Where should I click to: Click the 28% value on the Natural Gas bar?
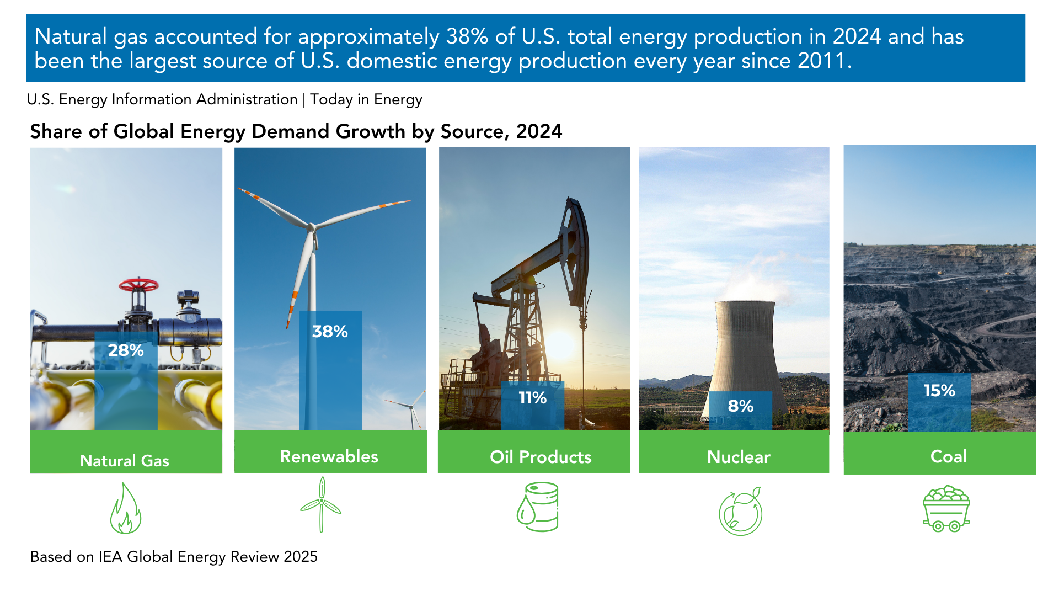tap(126, 350)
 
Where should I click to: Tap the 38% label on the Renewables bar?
tap(330, 331)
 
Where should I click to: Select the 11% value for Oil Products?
tap(532, 397)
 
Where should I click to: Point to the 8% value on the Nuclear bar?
tap(740, 406)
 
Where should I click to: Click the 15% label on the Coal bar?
tap(939, 390)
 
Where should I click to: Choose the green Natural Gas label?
tap(125, 461)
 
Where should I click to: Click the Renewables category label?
tap(329, 456)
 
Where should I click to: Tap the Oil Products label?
tap(541, 457)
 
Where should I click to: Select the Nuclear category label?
tap(739, 457)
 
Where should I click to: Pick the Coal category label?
tap(949, 456)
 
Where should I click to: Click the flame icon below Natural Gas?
tap(125, 508)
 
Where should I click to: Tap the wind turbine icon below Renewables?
tap(321, 504)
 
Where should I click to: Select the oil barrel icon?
tap(538, 507)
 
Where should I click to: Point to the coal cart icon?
tap(946, 509)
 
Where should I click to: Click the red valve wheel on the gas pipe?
tap(138, 285)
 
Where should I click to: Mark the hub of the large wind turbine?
tap(312, 227)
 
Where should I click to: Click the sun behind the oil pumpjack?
tap(559, 345)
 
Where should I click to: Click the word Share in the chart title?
tap(56, 131)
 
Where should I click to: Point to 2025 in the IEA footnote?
tap(301, 556)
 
